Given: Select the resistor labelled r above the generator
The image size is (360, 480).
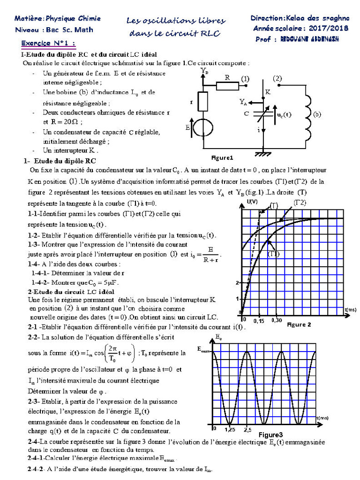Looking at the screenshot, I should pos(203,102).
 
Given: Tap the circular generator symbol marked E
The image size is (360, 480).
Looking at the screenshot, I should pos(203,127).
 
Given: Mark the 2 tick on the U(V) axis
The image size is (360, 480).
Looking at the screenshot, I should pos(238,283).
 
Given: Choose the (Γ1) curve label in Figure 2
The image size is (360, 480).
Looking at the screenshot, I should pos(274,254).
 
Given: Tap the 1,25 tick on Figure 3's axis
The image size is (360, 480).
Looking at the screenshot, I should pos(230,429).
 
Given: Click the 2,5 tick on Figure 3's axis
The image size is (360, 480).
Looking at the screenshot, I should pos(247,429).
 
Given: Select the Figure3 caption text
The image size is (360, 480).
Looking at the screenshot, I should pos(271,435).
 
